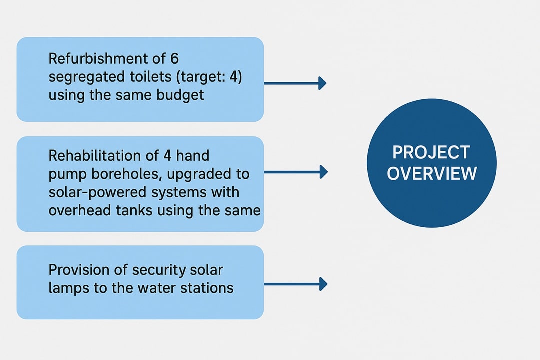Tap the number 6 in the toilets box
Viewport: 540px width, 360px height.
click(x=174, y=59)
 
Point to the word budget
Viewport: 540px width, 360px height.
click(x=180, y=95)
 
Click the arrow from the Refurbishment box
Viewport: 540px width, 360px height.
click(x=295, y=83)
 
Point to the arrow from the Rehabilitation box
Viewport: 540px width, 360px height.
click(x=296, y=172)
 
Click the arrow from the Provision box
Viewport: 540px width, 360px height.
click(x=296, y=284)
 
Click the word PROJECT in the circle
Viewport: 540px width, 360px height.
click(x=431, y=152)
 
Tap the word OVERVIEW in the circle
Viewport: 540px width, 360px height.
click(x=432, y=173)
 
